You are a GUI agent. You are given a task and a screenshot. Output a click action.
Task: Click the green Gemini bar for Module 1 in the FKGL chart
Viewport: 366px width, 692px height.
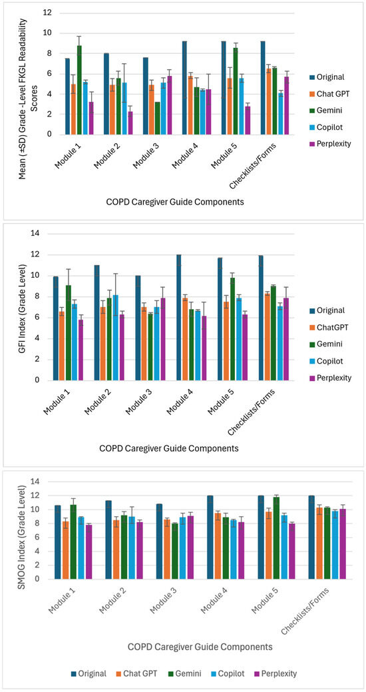pos(79,90)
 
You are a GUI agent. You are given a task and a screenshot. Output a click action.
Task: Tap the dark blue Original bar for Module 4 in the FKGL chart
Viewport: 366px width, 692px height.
pos(184,88)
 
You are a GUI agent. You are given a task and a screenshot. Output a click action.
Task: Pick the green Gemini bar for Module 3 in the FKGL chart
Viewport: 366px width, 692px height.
pos(158,119)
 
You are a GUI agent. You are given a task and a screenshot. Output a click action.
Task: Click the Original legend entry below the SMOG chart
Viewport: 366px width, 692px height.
pos(89,673)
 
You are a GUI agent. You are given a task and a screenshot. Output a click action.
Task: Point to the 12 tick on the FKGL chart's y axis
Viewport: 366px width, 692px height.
pos(48,13)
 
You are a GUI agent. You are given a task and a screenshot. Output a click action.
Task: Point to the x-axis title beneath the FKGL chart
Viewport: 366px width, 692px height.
pos(175,202)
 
